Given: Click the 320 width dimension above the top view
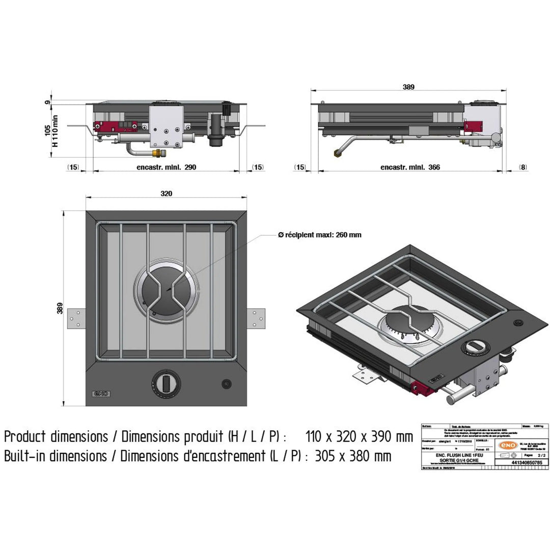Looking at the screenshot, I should click(x=167, y=194).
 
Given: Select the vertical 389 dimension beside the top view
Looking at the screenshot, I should click(x=60, y=308).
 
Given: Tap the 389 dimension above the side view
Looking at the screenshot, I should click(x=408, y=87).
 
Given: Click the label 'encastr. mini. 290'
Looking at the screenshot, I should click(x=167, y=167).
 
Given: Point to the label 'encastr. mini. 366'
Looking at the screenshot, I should click(x=410, y=167).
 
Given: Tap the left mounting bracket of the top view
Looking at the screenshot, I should click(x=76, y=318).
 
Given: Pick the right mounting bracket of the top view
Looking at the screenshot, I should click(x=256, y=318).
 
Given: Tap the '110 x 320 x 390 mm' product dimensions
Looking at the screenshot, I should click(x=359, y=436).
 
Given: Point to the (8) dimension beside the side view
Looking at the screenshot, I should click(x=523, y=167).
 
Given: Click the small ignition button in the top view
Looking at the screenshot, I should click(x=225, y=382).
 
